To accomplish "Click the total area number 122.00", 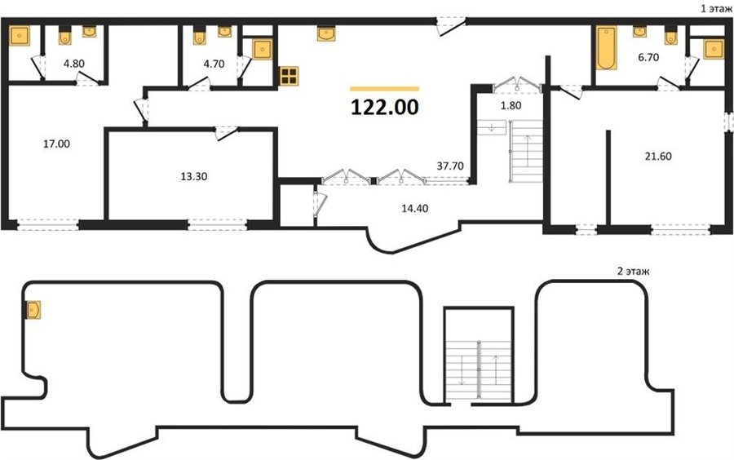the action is coord(384,108).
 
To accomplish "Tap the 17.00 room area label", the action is coord(56,144).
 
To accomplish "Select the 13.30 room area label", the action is coord(194,177).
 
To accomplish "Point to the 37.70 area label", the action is coord(450,166).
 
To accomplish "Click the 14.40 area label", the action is coord(415,209).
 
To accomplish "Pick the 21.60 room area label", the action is coord(658,157).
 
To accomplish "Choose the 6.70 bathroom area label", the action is coord(648,58).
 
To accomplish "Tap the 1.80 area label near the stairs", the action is coord(511,106).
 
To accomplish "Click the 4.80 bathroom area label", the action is coord(74,64).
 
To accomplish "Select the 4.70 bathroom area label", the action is coord(214,64).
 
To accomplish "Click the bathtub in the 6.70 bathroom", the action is coord(607,48).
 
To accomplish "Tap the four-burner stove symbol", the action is coord(289,76).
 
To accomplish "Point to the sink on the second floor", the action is coord(33,310).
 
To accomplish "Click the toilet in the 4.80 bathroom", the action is coord(65,36).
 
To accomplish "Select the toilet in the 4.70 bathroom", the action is coord(200,36).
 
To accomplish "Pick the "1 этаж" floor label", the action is coord(716,8).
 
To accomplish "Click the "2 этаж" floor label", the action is coord(634,272).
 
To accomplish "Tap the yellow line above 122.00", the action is coord(384,88).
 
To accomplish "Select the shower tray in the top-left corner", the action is coord(20,36).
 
